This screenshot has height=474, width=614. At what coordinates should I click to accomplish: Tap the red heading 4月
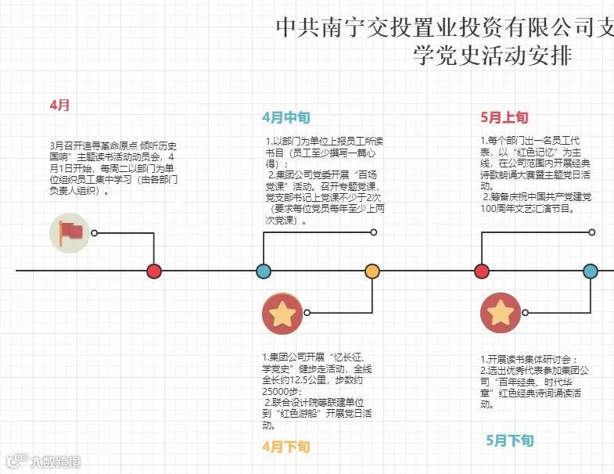click(59, 105)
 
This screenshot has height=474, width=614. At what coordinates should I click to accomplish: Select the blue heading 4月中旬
click(285, 118)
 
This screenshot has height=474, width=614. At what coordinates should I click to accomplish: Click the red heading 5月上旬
click(504, 118)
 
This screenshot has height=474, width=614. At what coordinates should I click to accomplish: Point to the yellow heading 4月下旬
click(285, 447)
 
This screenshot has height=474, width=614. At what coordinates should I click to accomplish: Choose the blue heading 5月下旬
click(510, 440)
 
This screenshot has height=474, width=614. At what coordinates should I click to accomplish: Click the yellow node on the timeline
click(372, 271)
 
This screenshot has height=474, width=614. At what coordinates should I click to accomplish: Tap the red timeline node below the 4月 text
click(154, 271)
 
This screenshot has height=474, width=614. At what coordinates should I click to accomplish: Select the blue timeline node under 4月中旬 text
click(264, 271)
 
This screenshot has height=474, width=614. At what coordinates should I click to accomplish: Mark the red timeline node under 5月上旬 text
click(481, 271)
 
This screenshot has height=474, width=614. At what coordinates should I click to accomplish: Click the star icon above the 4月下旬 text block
click(282, 314)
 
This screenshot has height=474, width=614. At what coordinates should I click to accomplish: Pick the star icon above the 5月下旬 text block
click(500, 313)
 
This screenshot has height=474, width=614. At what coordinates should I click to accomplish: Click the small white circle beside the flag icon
click(95, 233)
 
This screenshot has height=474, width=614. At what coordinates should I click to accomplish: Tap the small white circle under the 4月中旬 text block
click(374, 232)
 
